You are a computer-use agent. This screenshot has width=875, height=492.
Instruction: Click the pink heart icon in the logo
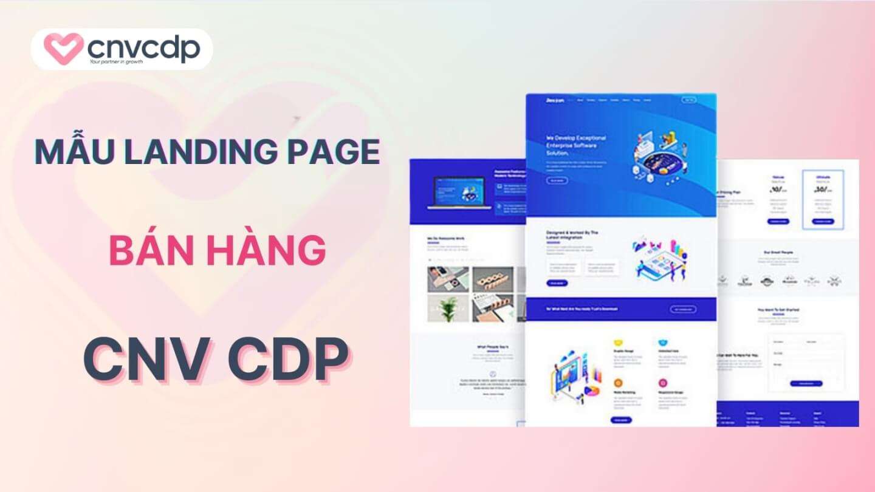[x=64, y=49]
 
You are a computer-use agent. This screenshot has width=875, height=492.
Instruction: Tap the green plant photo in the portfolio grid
[x=448, y=309]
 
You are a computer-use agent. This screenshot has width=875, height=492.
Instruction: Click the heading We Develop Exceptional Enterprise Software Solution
[x=575, y=146]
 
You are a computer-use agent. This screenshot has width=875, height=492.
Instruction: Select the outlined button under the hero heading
[x=557, y=180]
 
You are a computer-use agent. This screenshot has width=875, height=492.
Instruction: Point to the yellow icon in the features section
[x=618, y=343]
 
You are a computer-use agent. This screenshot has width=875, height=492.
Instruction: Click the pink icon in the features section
[x=662, y=383]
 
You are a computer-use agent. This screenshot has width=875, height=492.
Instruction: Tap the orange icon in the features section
[x=618, y=383]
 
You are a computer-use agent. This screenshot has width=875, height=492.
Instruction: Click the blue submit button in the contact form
[x=806, y=383]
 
